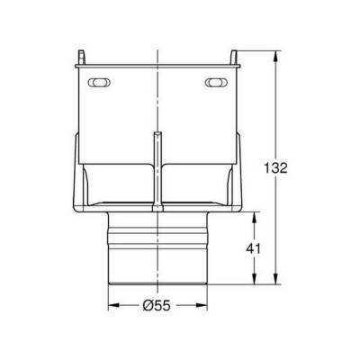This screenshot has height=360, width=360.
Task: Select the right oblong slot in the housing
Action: coord(216,83)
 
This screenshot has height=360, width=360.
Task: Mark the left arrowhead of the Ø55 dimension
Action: coord(112,306)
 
